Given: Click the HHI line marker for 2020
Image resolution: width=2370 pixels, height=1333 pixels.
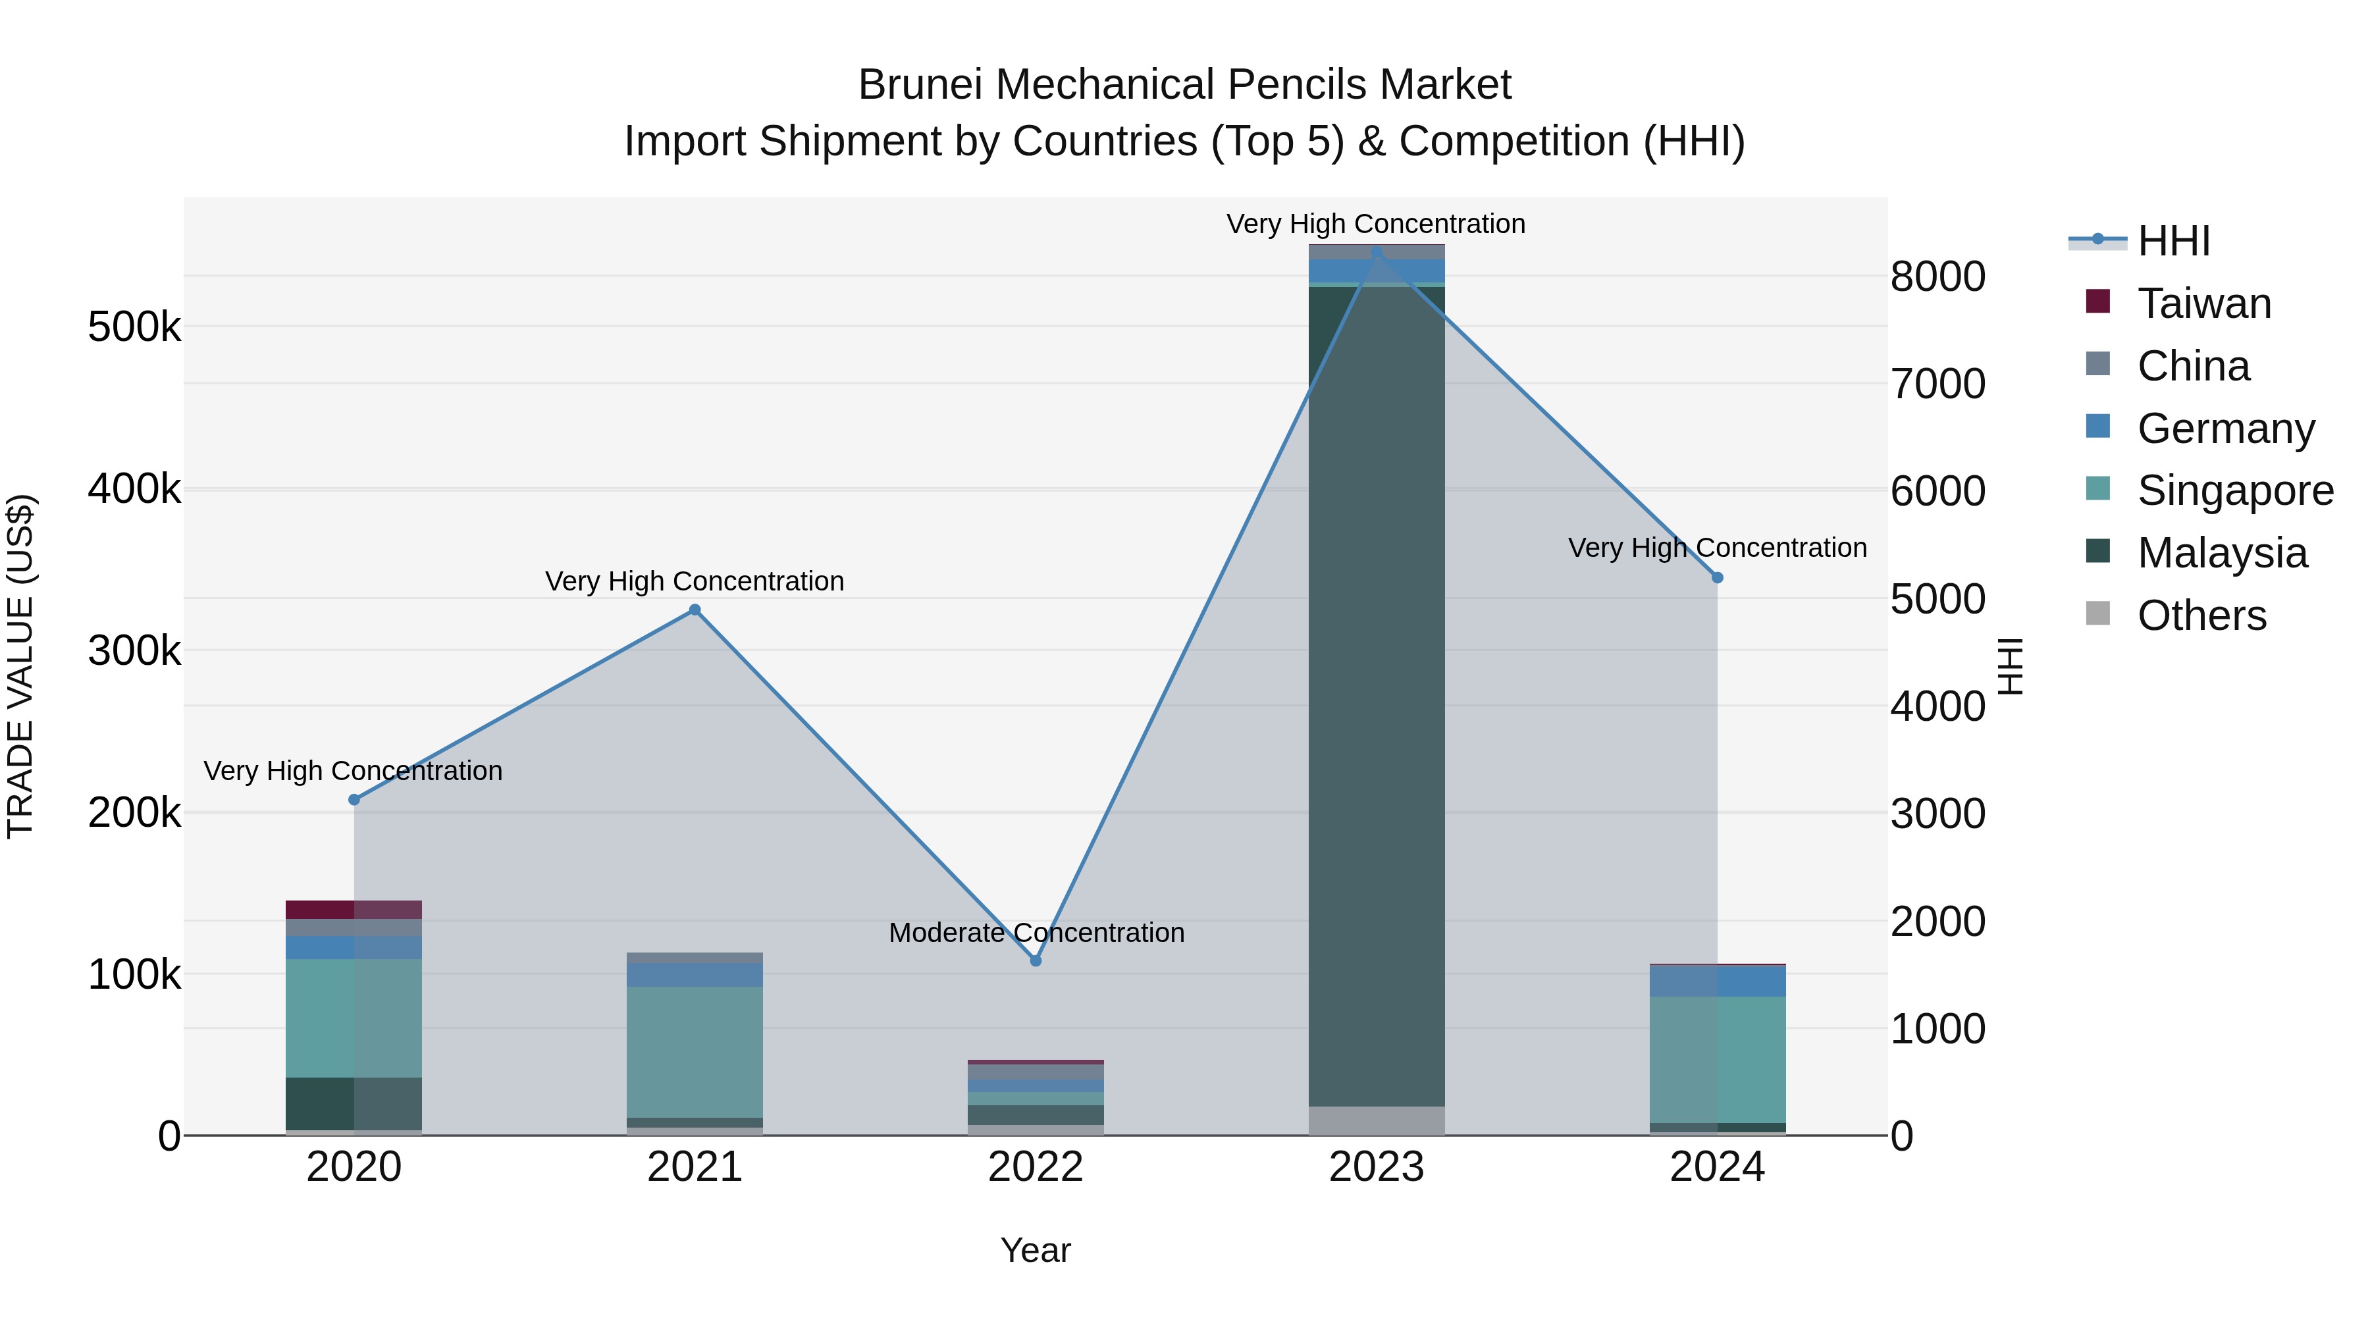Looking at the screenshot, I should (354, 799).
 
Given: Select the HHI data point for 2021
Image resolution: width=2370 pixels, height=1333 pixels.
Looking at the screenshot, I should (695, 610).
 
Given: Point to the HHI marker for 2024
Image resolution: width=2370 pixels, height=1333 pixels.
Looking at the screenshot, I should (1717, 578).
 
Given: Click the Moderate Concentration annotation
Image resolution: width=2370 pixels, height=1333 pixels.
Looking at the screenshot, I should (1036, 933).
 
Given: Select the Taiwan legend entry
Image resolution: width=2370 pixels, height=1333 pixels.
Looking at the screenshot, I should (2203, 303).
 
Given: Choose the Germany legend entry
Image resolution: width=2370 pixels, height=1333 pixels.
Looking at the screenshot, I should (2225, 429).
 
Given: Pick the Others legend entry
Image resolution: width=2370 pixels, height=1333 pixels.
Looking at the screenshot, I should (2201, 615).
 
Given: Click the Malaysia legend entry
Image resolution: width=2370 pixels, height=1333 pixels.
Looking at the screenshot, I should (2221, 553).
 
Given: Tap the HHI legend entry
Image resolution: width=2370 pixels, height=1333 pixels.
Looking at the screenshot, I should (2173, 241).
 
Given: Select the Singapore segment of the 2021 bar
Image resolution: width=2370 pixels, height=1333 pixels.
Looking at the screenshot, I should (695, 1051).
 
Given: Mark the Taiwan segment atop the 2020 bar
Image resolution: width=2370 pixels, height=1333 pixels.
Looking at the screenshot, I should (354, 909).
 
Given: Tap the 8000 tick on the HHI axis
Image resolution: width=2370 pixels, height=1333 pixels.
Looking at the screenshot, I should (1937, 276).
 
